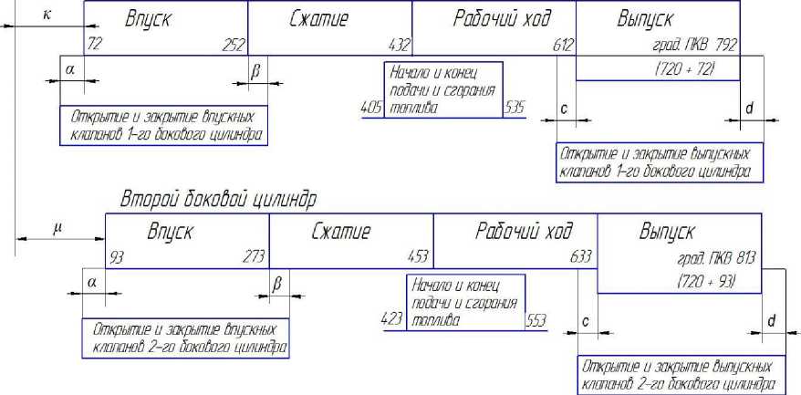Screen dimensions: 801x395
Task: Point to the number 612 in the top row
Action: pos(561,44)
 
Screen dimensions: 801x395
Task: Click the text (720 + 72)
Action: pos(685,69)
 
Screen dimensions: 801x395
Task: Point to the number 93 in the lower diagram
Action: pos(115,256)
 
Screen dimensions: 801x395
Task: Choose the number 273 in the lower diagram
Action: pos(255,256)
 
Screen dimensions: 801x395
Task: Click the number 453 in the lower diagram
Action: pos(419,256)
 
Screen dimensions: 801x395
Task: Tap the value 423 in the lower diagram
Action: pos(393,320)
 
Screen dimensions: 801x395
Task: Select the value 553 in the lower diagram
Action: pos(536,320)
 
